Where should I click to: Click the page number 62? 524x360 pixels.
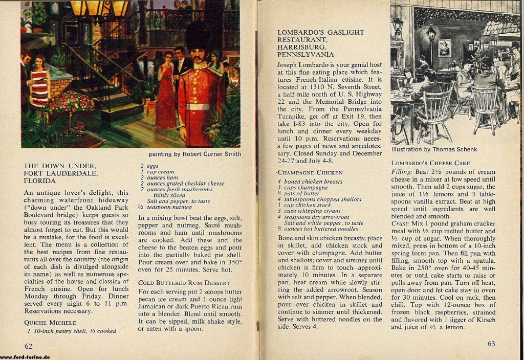(28, 346)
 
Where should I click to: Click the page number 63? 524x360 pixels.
(491, 344)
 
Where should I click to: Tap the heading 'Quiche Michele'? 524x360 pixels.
(50, 322)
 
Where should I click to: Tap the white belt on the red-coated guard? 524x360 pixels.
(198, 106)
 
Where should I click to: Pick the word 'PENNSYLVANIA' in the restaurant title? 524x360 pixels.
(306, 54)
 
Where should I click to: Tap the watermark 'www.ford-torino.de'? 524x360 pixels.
(25, 356)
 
